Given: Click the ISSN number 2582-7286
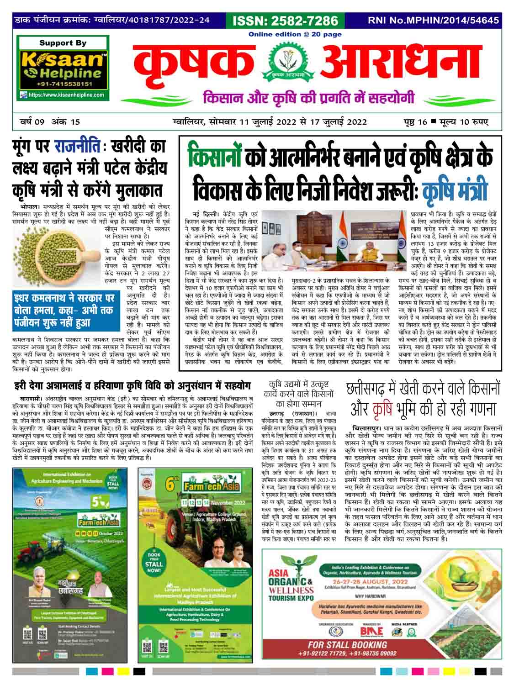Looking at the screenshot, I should tap(286, 21).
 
